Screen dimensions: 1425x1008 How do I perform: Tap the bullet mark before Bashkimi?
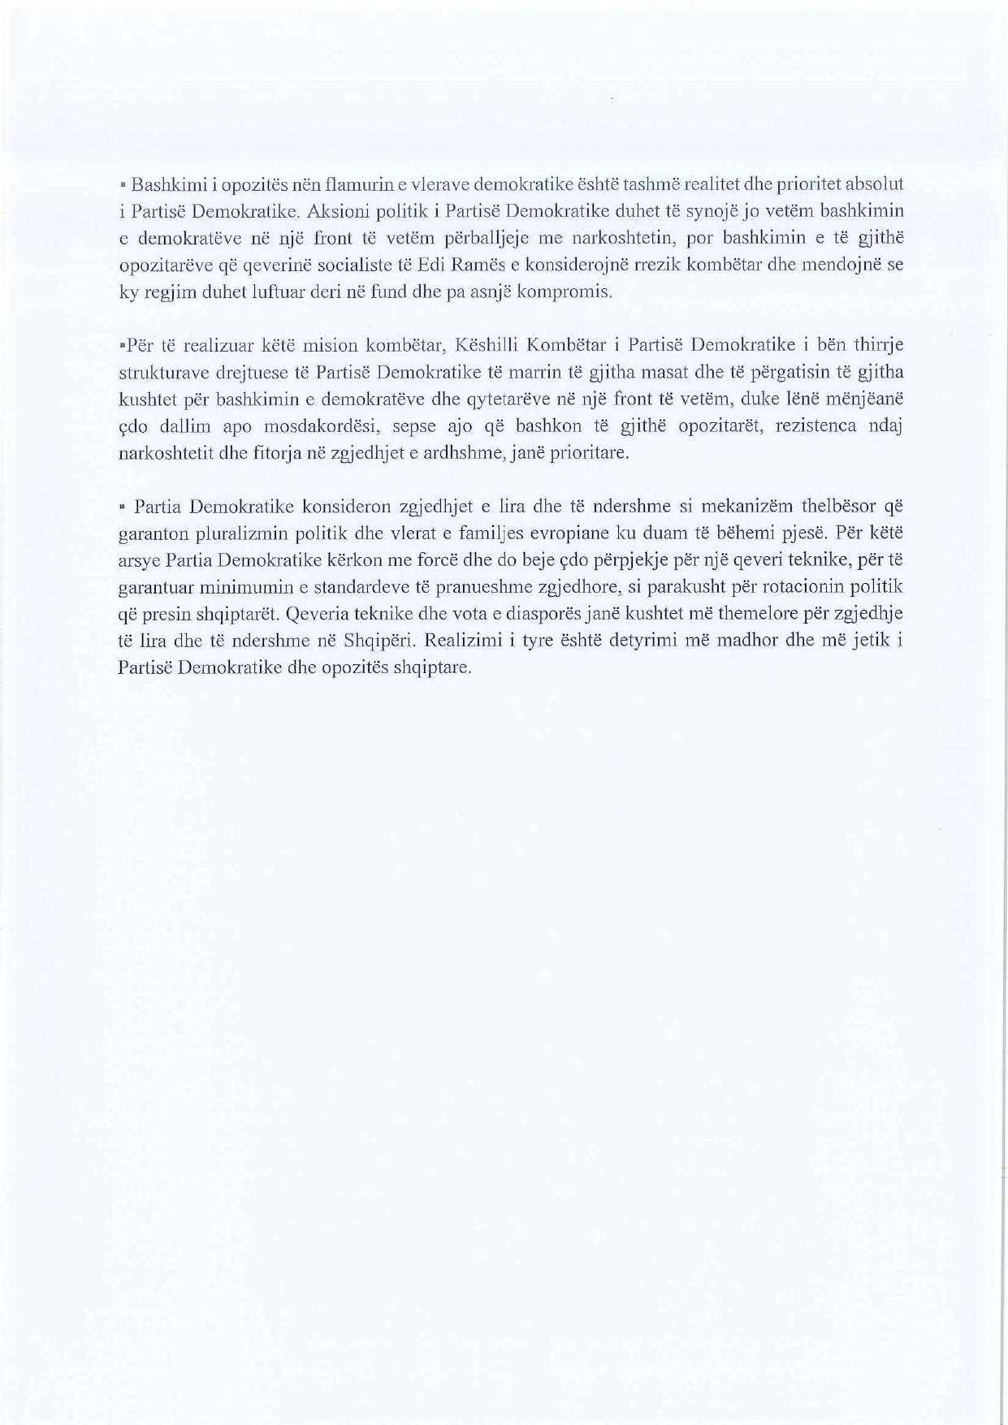point(123,185)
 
